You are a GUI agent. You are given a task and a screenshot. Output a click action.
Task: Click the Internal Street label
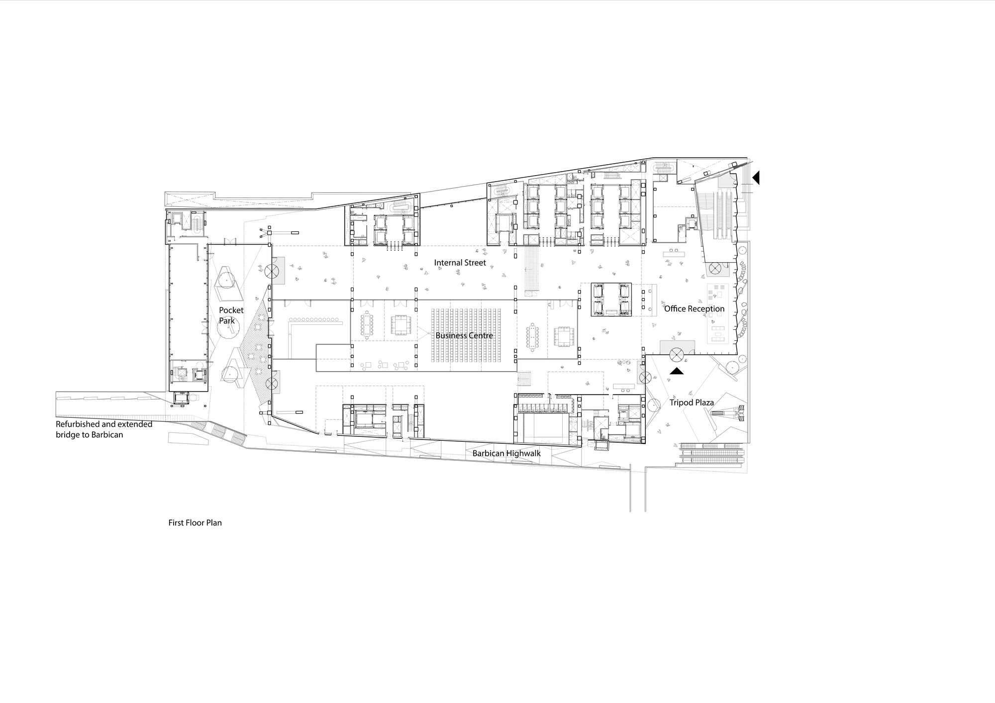click(x=460, y=263)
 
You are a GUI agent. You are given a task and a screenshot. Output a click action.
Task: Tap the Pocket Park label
click(x=231, y=315)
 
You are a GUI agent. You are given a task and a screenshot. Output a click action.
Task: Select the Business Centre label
click(x=464, y=335)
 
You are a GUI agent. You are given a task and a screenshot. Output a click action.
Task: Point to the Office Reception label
click(x=694, y=309)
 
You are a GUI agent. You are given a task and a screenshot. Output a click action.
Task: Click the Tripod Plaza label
click(x=692, y=402)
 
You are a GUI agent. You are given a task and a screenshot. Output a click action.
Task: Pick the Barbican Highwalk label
click(x=506, y=453)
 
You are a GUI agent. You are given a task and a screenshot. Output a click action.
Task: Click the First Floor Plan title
click(x=195, y=523)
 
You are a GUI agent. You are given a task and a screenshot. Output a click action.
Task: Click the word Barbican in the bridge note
click(x=107, y=435)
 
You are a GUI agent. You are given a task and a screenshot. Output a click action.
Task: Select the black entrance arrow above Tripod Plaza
click(x=677, y=371)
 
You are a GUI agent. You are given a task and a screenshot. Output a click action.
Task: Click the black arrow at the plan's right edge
click(x=756, y=177)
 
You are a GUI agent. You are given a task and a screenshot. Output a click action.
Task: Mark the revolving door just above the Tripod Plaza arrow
click(x=676, y=355)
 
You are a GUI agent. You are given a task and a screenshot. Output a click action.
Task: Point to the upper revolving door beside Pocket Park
click(x=272, y=271)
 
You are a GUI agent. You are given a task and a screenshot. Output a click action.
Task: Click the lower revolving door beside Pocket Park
click(x=272, y=384)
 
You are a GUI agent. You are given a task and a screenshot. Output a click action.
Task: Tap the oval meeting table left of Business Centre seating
click(x=368, y=325)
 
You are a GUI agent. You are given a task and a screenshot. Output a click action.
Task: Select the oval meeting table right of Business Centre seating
click(x=533, y=336)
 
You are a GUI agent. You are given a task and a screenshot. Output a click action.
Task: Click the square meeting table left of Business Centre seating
click(x=399, y=325)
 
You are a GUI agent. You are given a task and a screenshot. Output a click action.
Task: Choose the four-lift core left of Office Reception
click(x=611, y=300)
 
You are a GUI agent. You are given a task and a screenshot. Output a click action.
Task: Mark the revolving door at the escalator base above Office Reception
click(x=715, y=268)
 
